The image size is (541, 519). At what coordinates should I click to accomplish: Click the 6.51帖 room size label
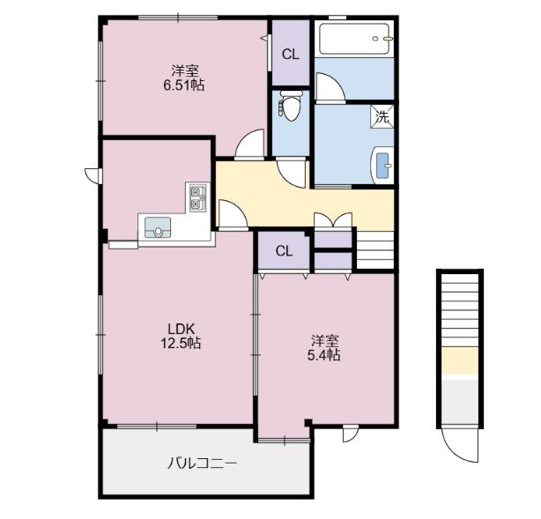(183, 85)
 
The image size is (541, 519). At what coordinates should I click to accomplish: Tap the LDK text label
(182, 329)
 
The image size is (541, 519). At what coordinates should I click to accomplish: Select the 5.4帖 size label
(323, 354)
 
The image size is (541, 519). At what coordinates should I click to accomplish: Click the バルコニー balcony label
(202, 463)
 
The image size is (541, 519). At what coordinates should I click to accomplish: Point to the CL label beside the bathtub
(291, 55)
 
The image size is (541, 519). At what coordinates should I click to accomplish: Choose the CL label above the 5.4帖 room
(284, 251)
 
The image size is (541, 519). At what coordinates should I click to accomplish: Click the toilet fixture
(290, 105)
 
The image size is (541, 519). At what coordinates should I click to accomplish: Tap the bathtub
(355, 38)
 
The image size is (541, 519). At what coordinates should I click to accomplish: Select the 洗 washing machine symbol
(382, 116)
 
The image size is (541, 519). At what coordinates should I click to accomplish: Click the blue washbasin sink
(382, 166)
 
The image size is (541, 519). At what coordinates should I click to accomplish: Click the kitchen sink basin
(158, 227)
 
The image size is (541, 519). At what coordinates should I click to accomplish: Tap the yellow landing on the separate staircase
(460, 361)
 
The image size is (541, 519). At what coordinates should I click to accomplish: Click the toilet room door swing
(291, 174)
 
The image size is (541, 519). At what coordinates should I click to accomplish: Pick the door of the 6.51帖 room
(249, 144)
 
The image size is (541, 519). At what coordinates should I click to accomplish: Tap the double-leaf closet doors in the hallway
(333, 219)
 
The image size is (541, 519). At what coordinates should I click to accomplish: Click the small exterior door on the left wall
(93, 175)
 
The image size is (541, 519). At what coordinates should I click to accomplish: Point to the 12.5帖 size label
(181, 343)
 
